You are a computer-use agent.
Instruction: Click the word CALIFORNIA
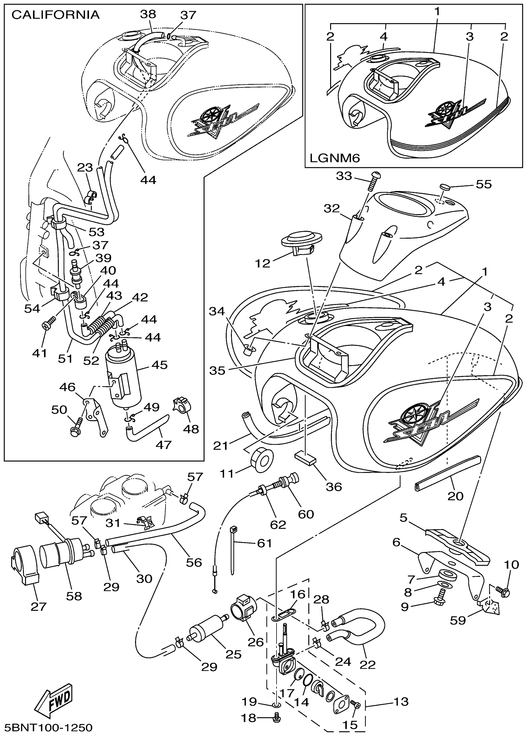(x=55, y=15)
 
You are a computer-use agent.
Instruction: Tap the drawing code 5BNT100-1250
(x=49, y=727)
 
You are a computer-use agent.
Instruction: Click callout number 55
(x=484, y=184)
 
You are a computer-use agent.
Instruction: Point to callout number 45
(x=159, y=365)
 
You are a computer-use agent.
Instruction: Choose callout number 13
(x=401, y=701)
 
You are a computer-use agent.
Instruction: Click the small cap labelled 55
(x=445, y=187)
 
